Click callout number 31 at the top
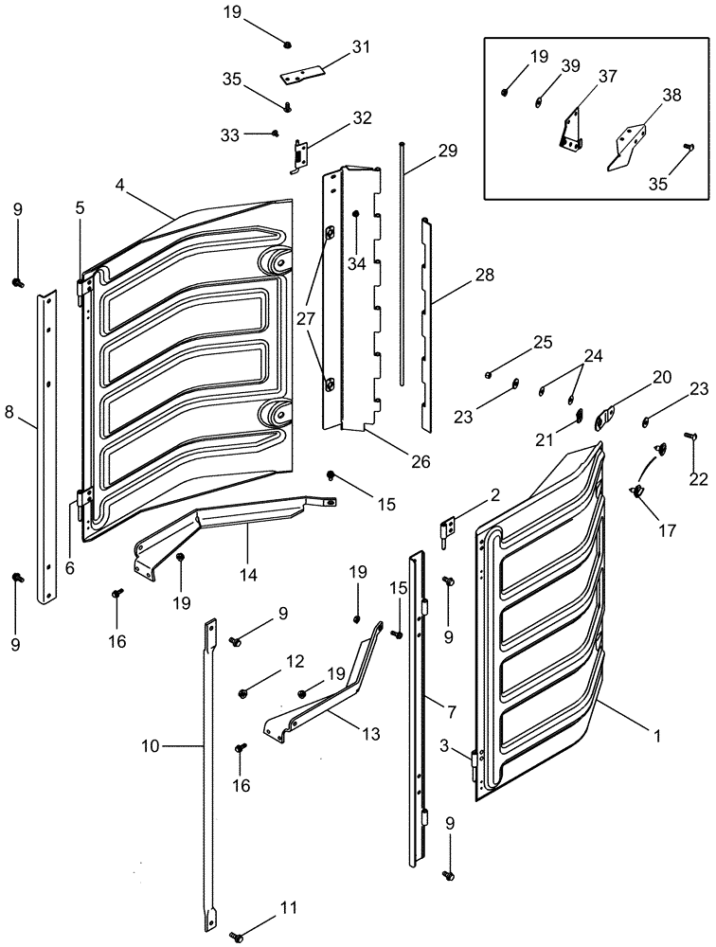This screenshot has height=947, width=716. point(334,46)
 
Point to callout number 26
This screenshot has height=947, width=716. point(420,461)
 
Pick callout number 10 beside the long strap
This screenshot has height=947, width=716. point(151,746)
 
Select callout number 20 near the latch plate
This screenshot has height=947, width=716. point(661,377)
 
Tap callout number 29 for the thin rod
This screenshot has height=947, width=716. point(446,151)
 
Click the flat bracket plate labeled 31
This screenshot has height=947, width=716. point(302,72)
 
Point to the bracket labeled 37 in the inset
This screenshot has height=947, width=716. point(571,128)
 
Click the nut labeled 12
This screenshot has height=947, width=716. point(243,691)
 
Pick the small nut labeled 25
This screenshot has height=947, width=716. point(488,374)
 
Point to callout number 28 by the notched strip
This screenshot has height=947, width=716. point(485,275)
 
